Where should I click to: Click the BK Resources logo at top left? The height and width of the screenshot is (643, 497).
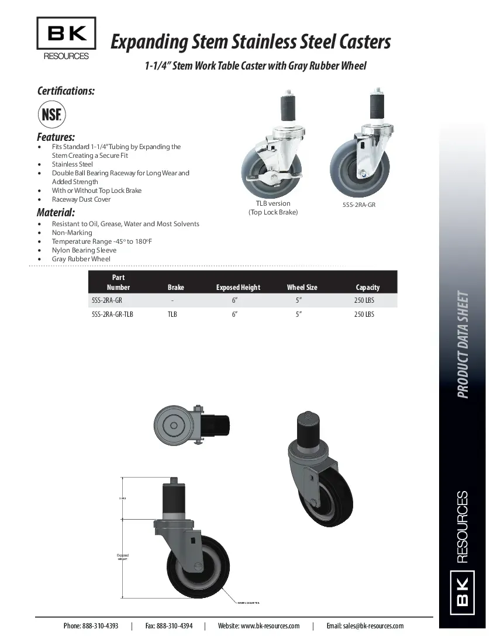coord(66,39)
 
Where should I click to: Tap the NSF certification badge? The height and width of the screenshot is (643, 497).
coord(51,114)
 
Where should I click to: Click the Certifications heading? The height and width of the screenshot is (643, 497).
coord(66,91)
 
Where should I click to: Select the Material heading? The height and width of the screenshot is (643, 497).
coord(56,212)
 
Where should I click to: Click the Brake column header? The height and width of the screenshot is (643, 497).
coord(175,287)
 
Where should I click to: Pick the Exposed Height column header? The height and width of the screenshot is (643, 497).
coord(238,287)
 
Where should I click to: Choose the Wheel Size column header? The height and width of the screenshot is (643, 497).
coord(302,287)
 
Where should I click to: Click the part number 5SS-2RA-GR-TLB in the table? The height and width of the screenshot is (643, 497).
coord(113,314)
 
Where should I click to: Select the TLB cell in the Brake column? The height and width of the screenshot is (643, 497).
coord(172,314)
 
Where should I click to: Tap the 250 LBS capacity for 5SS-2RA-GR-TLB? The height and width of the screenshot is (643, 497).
coord(364,314)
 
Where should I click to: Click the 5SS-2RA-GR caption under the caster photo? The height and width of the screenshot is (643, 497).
coord(358,205)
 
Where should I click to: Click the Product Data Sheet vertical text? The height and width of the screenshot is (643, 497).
coord(463,344)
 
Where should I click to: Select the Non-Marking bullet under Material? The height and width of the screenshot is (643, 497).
coord(72,233)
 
